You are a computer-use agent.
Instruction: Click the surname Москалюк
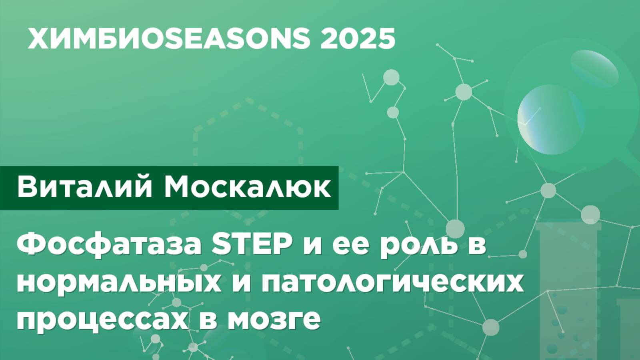click(x=248, y=187)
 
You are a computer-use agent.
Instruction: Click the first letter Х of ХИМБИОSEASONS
click(x=37, y=39)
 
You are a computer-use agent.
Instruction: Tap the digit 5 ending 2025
click(x=386, y=39)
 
